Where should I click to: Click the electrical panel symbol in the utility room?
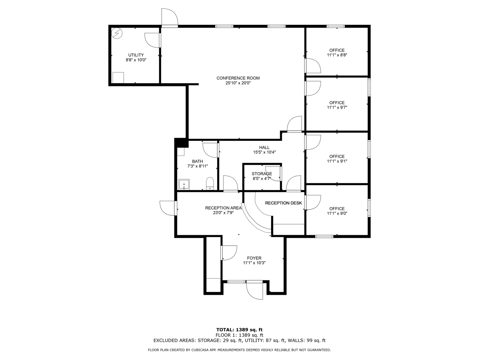tap(117, 34)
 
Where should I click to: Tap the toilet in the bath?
tap(210, 184)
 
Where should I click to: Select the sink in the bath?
tap(184, 184)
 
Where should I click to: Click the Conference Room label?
tap(238, 78)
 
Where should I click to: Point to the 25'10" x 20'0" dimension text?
tap(238, 83)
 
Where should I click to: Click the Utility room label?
tap(136, 55)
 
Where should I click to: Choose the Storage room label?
tap(262, 174)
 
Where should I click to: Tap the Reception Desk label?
tap(283, 203)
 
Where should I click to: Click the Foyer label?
tap(254, 258)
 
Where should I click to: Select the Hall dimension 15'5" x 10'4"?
tap(265, 152)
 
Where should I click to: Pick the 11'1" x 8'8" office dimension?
tap(337, 55)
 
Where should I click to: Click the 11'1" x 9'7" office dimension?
tap(337, 108)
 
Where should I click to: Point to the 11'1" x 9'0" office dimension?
tap(337, 214)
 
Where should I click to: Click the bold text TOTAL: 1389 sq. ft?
tap(239, 330)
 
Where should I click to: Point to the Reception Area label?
tap(223, 208)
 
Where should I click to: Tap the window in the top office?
tap(336, 26)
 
